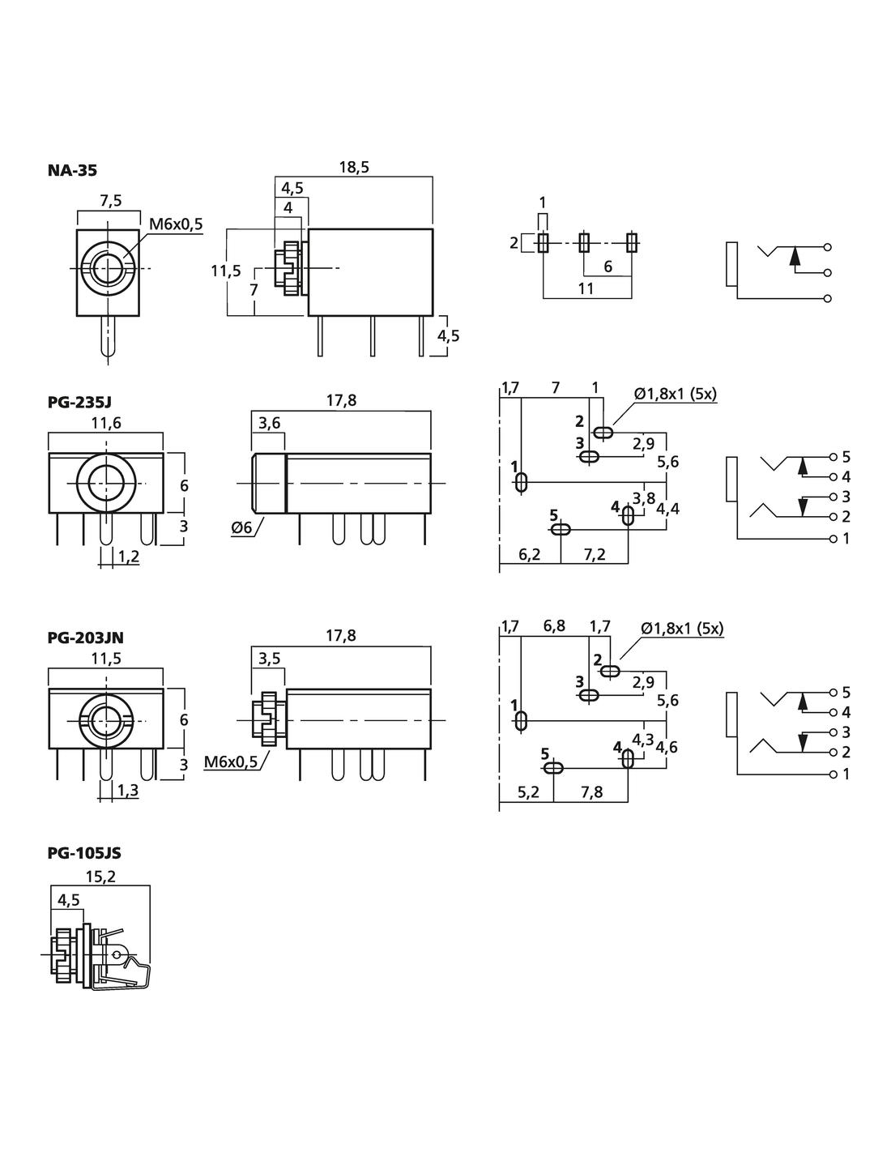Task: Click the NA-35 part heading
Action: click(x=72, y=170)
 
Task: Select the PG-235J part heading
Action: click(x=79, y=401)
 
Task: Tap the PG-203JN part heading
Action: click(x=85, y=638)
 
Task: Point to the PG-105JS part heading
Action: click(x=83, y=853)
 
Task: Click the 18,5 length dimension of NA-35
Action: click(x=353, y=168)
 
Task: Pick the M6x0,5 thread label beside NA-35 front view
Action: click(x=176, y=224)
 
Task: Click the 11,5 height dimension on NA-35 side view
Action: click(x=226, y=271)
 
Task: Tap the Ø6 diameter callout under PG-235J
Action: click(x=242, y=527)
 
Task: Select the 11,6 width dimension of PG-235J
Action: click(x=106, y=422)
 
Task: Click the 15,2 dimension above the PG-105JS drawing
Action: click(x=100, y=876)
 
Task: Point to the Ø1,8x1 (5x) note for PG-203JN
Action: click(x=682, y=629)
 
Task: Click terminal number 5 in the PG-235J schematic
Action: click(x=846, y=457)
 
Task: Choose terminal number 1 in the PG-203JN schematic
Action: click(x=846, y=774)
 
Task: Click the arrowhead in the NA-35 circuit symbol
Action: click(x=795, y=255)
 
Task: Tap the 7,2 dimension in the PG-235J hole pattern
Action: click(x=595, y=555)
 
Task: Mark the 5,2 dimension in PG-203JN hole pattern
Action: click(x=528, y=791)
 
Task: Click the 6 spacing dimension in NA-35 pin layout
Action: click(x=607, y=267)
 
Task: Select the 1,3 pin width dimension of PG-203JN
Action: click(x=127, y=789)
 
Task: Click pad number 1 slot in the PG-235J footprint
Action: click(x=521, y=483)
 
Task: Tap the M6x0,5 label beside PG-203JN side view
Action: click(x=231, y=762)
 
